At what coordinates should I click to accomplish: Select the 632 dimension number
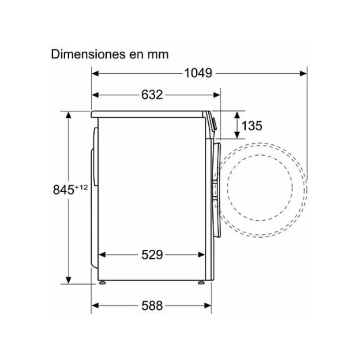click(x=152, y=95)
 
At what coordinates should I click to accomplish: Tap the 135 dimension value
click(x=252, y=126)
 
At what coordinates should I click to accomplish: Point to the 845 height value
click(x=63, y=190)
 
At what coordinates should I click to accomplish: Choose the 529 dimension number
click(x=152, y=255)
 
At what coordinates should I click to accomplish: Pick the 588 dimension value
click(x=152, y=306)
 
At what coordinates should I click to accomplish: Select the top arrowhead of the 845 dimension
click(x=68, y=115)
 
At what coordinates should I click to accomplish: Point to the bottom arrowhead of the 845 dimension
click(x=68, y=280)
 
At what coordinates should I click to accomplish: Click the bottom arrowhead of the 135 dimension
click(x=237, y=135)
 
